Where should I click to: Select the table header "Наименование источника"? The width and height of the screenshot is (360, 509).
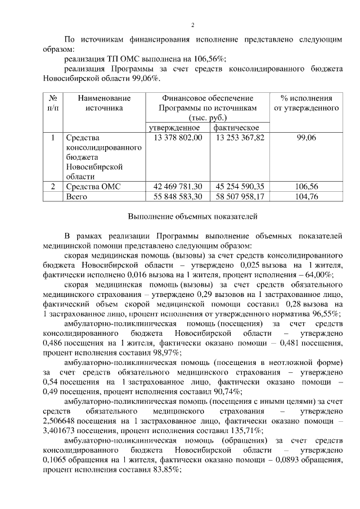tap(104, 102)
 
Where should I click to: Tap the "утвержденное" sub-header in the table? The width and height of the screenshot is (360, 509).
tap(177, 128)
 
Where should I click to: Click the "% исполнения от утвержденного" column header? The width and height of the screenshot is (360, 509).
tap(306, 102)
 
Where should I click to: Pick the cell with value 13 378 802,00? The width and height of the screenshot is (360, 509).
tap(177, 138)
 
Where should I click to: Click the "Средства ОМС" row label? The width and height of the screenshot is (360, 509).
tap(93, 187)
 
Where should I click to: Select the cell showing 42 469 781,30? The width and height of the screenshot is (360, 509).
tap(177, 187)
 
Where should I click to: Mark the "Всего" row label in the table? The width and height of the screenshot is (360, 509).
tap(77, 197)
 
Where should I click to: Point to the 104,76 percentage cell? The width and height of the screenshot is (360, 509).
tap(307, 197)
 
